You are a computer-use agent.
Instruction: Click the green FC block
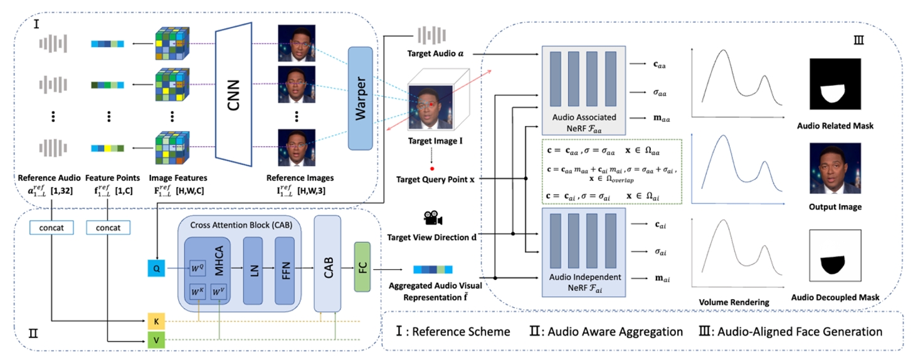(363, 266)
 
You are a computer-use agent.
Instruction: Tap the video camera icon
(433, 218)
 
